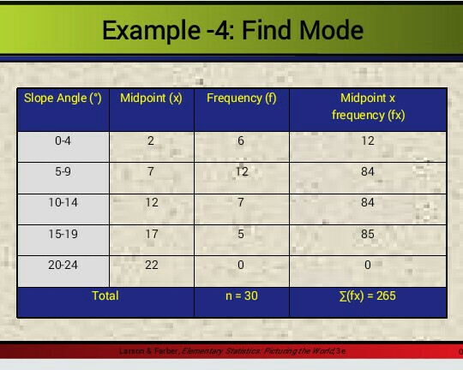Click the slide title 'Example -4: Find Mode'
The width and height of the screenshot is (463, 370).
(x=232, y=32)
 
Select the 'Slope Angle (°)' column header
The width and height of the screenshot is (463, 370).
(x=63, y=98)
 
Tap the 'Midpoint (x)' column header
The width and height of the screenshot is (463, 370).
(x=152, y=98)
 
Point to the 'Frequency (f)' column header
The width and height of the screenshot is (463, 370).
(x=241, y=98)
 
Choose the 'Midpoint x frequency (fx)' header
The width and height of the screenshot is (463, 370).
(x=367, y=106)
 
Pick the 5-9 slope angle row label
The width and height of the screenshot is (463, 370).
(x=63, y=172)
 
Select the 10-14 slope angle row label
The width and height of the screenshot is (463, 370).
(x=63, y=203)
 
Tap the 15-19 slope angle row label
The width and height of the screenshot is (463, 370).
(x=63, y=234)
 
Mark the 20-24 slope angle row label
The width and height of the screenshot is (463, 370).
(x=63, y=265)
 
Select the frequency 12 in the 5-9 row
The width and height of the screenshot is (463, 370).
(x=241, y=172)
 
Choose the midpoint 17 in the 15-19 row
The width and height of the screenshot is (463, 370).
(x=151, y=234)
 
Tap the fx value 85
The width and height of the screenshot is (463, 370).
(x=367, y=234)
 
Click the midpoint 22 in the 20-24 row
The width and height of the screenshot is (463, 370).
(x=151, y=265)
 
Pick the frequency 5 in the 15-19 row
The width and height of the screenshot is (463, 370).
(x=241, y=234)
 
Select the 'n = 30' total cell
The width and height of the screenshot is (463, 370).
(x=241, y=296)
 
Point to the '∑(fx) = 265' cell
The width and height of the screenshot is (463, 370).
(x=367, y=296)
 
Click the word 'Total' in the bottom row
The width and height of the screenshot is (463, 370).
(x=105, y=295)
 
